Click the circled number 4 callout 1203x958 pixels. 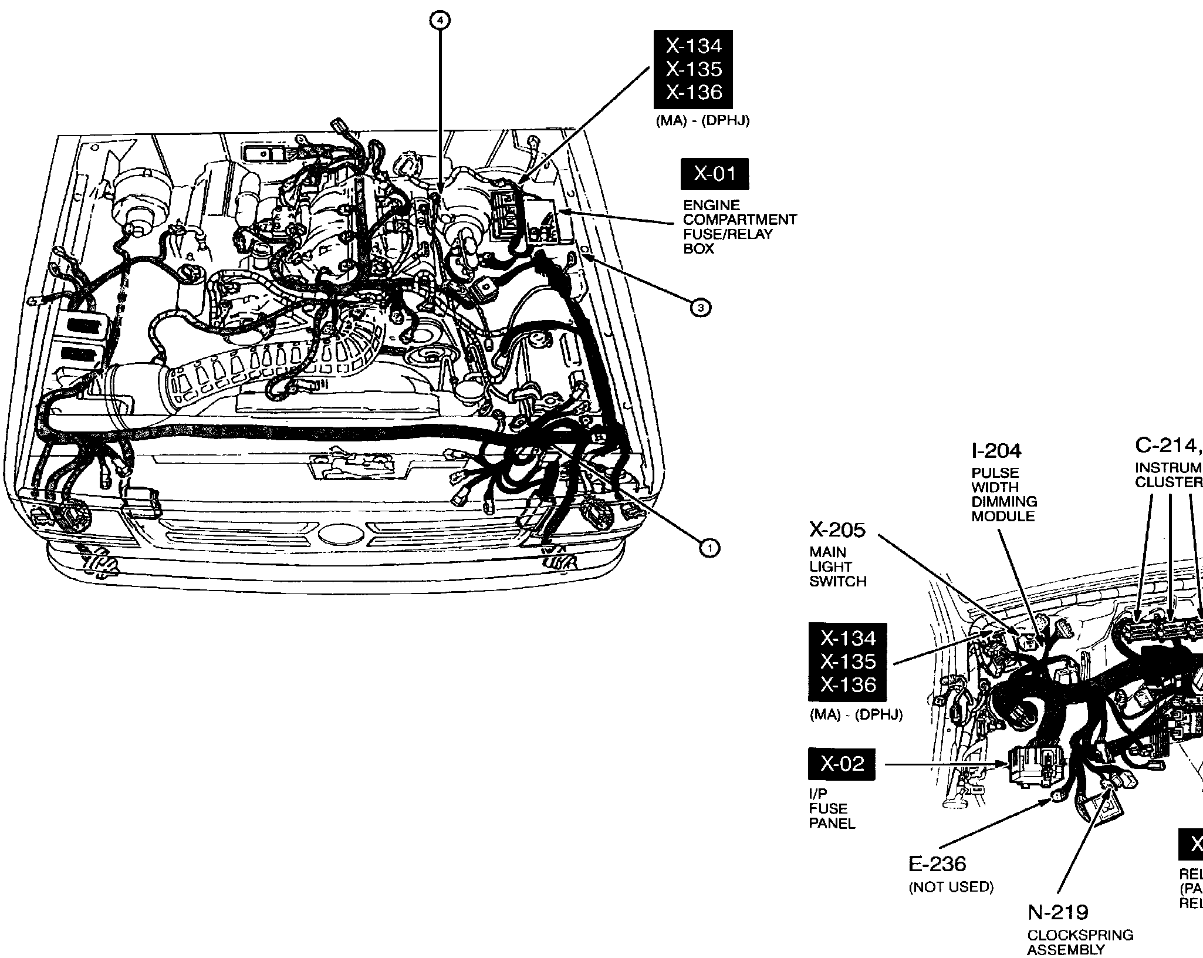[x=441, y=21]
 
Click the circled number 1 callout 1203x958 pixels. [x=709, y=548]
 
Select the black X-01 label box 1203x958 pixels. [x=714, y=174]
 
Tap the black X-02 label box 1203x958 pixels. [x=842, y=764]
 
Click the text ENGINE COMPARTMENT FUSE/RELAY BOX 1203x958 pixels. [x=739, y=227]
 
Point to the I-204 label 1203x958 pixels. [x=996, y=451]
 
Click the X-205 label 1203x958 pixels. [x=837, y=530]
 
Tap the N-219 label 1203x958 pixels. [x=1058, y=912]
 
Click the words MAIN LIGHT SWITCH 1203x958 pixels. [x=837, y=567]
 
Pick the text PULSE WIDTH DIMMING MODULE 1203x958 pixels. [x=1003, y=494]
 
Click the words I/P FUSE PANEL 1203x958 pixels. [x=832, y=809]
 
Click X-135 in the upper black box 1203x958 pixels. [x=694, y=69]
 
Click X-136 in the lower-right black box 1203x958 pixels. [x=847, y=685]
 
